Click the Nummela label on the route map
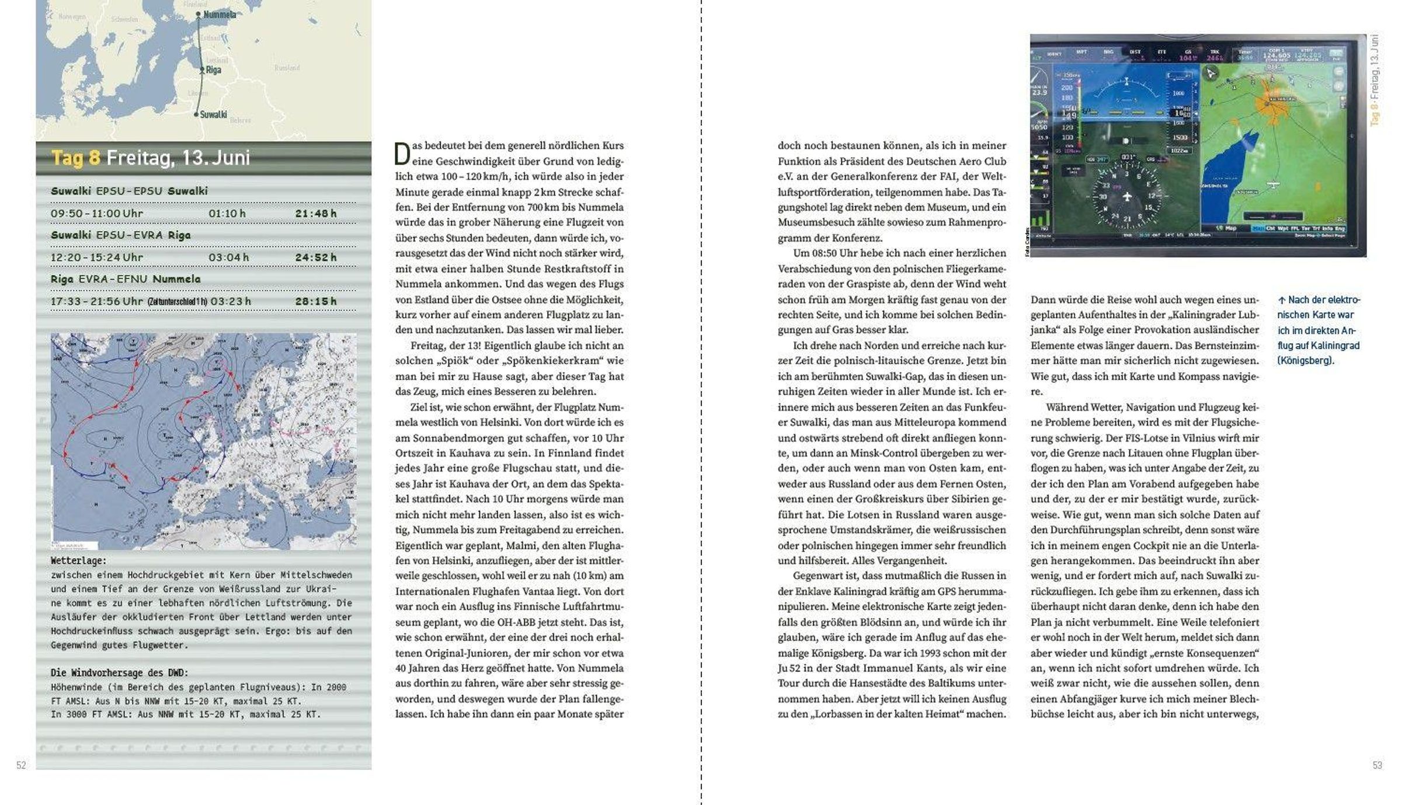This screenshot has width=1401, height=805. click(220, 15)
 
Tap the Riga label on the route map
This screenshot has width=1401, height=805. click(214, 69)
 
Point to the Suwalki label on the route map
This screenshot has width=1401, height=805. click(213, 114)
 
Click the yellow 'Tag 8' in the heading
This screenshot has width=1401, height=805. click(75, 158)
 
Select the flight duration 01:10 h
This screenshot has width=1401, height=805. click(227, 214)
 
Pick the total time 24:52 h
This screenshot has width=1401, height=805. click(316, 257)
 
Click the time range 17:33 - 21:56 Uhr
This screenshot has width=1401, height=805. click(96, 301)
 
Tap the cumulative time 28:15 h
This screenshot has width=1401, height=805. click(316, 301)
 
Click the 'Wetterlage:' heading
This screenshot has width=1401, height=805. click(79, 560)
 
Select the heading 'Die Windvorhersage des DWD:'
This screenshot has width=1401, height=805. click(120, 672)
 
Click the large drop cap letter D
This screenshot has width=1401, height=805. click(402, 154)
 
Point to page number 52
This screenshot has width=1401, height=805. click(21, 765)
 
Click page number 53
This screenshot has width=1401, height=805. click(1377, 765)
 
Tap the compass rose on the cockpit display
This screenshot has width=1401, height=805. click(1127, 196)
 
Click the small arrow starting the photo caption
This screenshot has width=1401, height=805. click(1281, 300)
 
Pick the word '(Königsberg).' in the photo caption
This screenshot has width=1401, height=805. click(1306, 360)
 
